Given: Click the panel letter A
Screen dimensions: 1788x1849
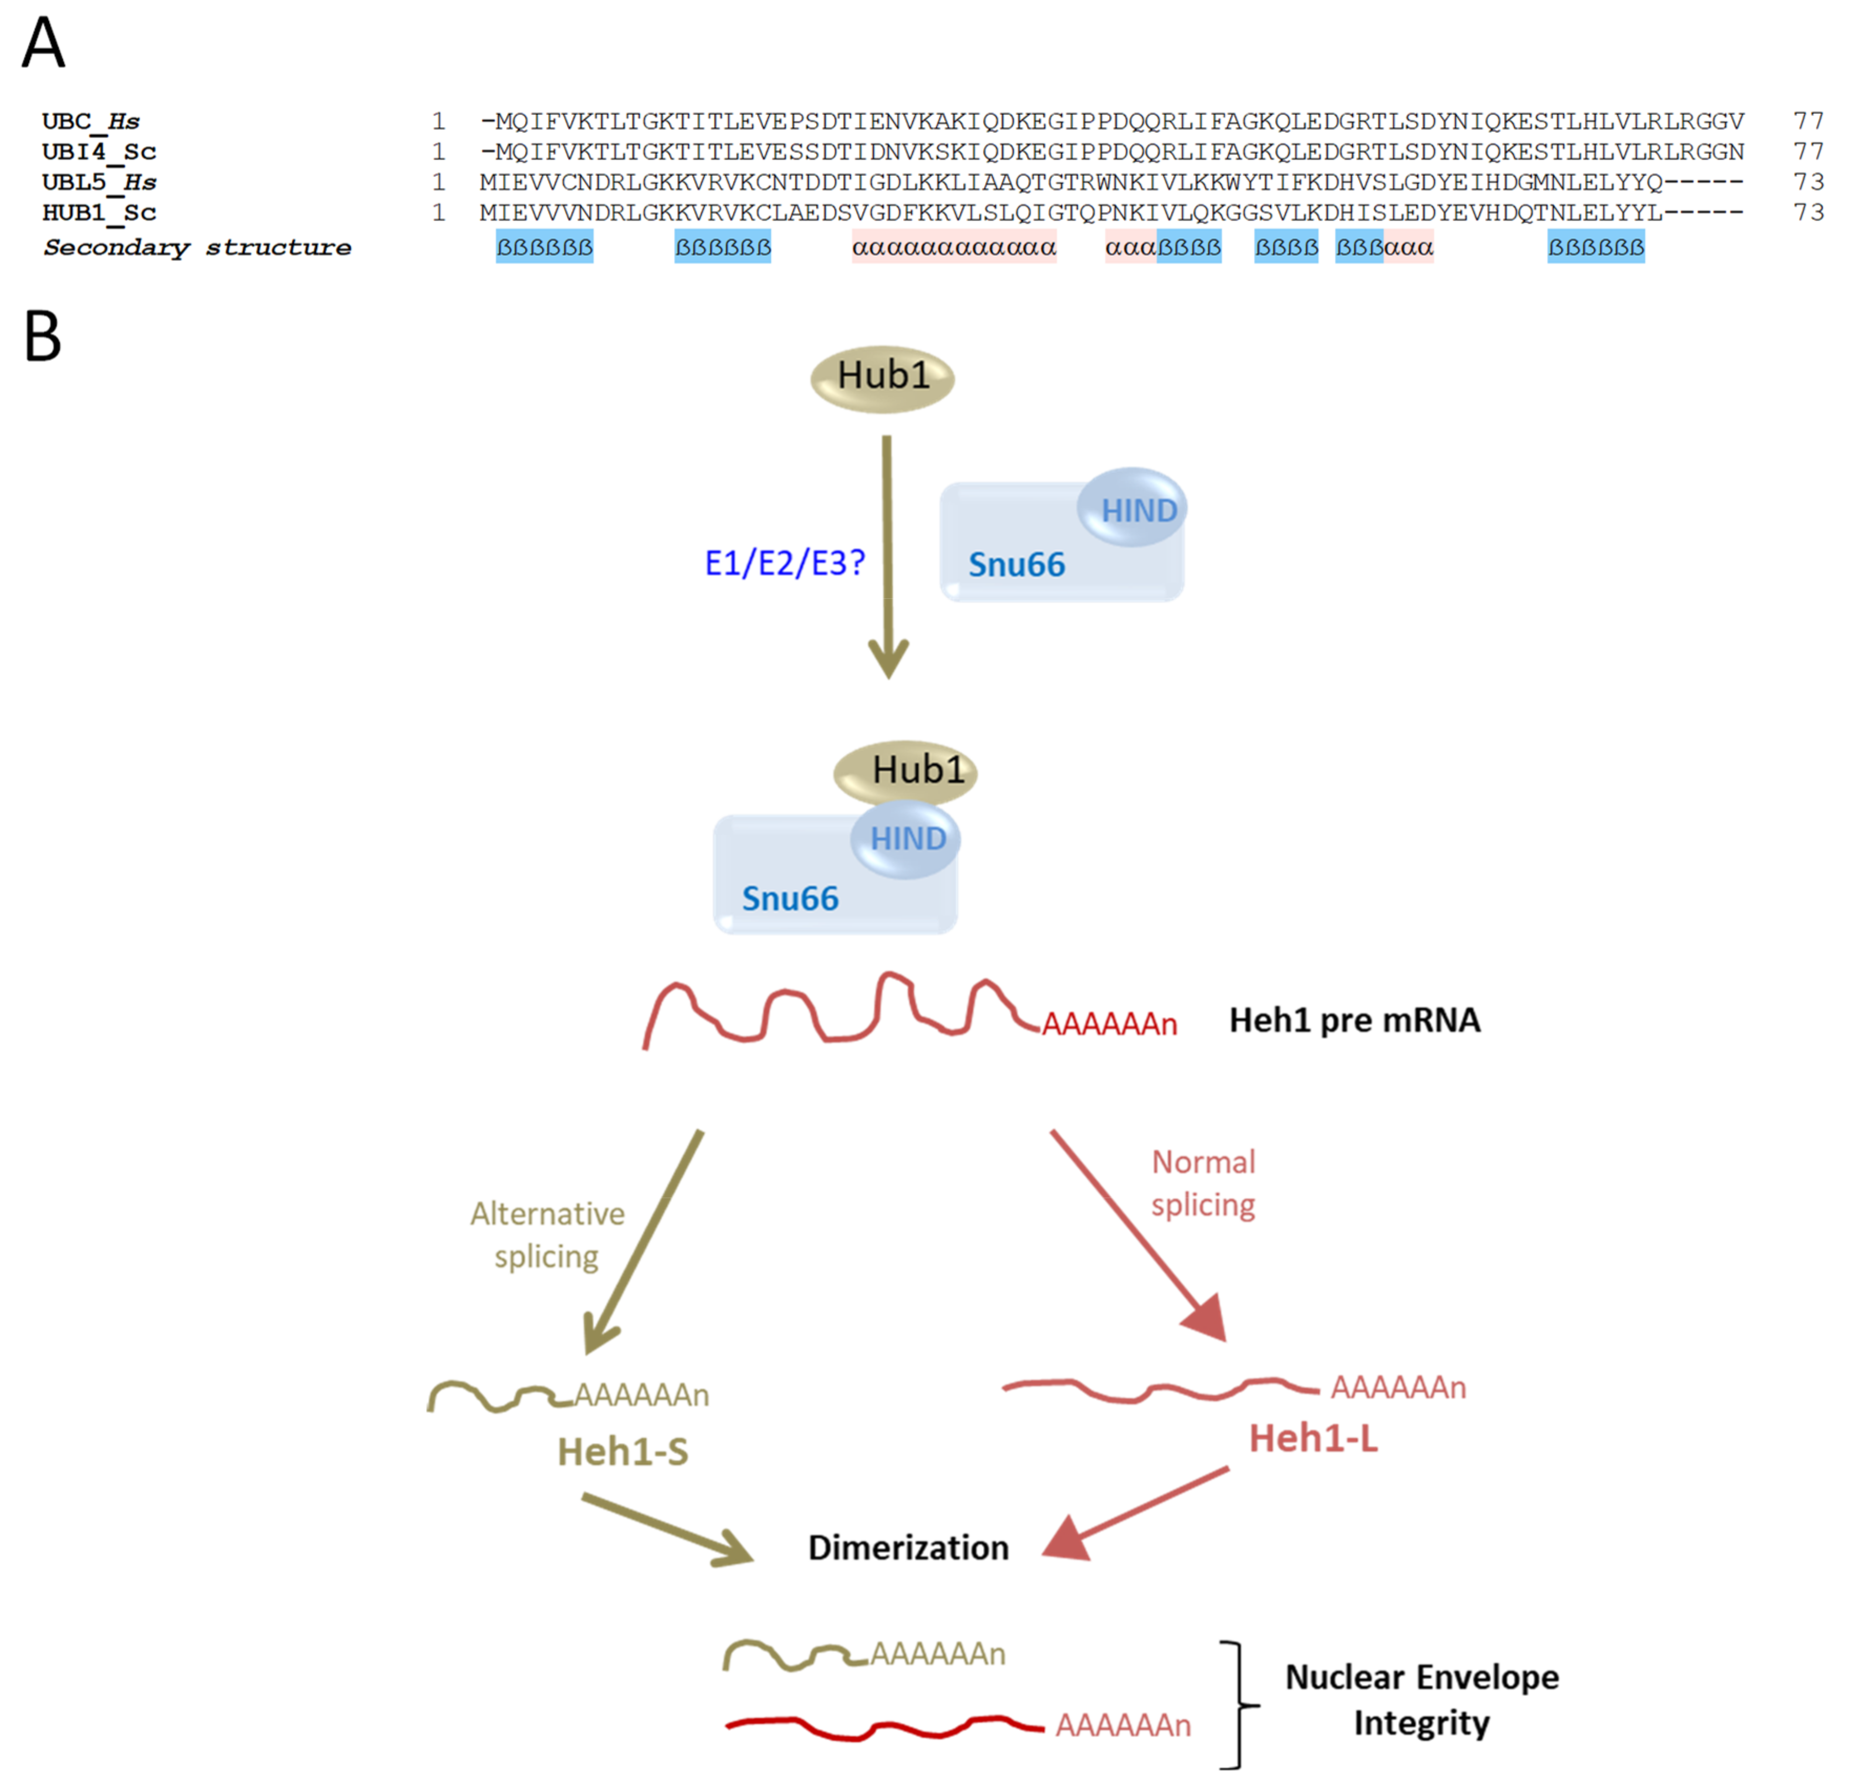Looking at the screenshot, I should [44, 44].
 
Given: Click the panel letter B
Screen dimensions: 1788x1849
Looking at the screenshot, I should [43, 337].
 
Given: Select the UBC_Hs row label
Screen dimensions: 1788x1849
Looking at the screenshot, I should [90, 122].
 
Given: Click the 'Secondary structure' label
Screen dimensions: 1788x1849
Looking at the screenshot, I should [197, 248].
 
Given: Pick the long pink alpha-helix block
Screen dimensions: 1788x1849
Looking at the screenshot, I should [954, 248].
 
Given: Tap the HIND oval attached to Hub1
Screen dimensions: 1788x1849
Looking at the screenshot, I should [907, 839].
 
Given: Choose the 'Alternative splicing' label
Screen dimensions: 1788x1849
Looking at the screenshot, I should [547, 1235].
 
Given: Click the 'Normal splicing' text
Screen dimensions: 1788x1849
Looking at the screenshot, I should [1204, 1183].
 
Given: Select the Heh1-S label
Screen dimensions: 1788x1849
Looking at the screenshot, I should [622, 1452].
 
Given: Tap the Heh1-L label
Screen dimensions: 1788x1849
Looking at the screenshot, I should [1313, 1439].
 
